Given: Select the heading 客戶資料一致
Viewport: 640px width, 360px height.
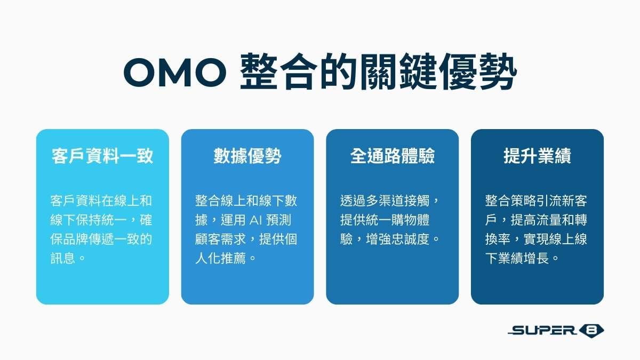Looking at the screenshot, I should tap(102, 156).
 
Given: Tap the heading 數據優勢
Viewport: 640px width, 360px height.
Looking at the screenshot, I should tap(247, 156).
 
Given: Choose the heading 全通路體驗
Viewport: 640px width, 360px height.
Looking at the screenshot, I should tap(393, 156).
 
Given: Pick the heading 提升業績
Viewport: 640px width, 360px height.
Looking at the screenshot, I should tap(537, 156).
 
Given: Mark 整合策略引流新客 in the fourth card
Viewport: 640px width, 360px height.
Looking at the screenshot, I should tap(536, 201).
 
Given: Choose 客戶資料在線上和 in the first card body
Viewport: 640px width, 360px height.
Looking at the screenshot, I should tap(101, 201).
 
